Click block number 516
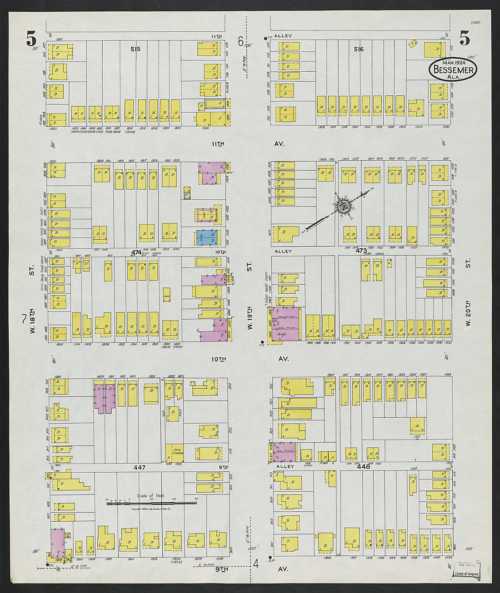click(x=359, y=49)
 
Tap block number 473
click(x=361, y=251)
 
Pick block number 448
click(x=364, y=467)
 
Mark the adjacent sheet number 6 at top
click(x=240, y=41)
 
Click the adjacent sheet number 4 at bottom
click(x=256, y=564)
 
